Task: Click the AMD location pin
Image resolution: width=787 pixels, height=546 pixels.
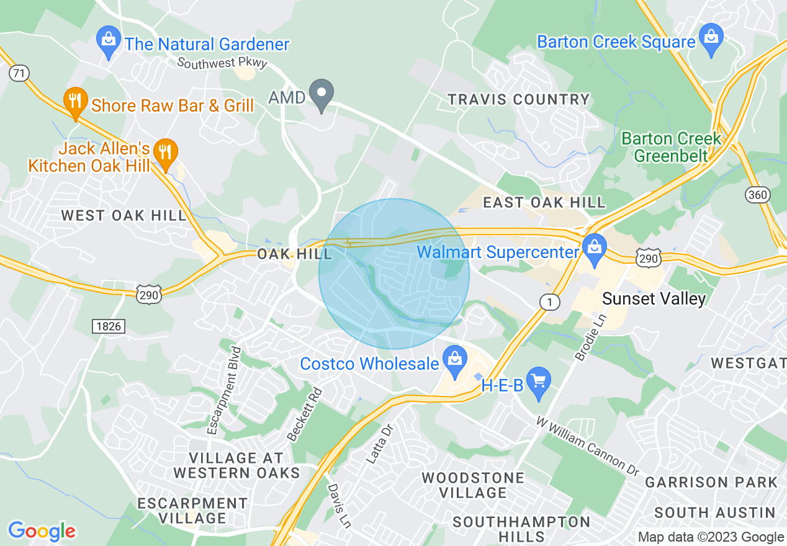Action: click(322, 95)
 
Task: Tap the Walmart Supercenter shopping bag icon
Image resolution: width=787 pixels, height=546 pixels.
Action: click(595, 249)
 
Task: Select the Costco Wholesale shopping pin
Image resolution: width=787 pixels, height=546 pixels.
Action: click(455, 361)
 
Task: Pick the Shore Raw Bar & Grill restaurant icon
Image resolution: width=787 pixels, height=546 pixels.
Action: click(75, 102)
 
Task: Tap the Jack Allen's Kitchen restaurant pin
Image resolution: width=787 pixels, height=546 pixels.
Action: click(164, 154)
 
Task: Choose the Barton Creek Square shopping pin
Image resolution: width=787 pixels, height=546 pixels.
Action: click(711, 39)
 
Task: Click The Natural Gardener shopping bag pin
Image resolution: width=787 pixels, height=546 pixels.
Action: click(109, 42)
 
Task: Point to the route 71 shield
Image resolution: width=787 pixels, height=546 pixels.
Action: click(19, 73)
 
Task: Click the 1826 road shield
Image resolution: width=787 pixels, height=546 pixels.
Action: click(109, 326)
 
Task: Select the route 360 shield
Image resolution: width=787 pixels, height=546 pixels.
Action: click(758, 195)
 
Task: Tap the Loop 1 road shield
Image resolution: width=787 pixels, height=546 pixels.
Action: click(549, 302)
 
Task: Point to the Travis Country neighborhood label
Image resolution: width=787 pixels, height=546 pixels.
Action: click(519, 99)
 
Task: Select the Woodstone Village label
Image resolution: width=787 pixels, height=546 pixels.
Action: click(473, 485)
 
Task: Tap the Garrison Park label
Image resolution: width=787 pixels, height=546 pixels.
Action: click(711, 482)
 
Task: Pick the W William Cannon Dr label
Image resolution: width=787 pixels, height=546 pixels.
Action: click(588, 446)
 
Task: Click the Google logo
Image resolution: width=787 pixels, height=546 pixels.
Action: click(42, 531)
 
